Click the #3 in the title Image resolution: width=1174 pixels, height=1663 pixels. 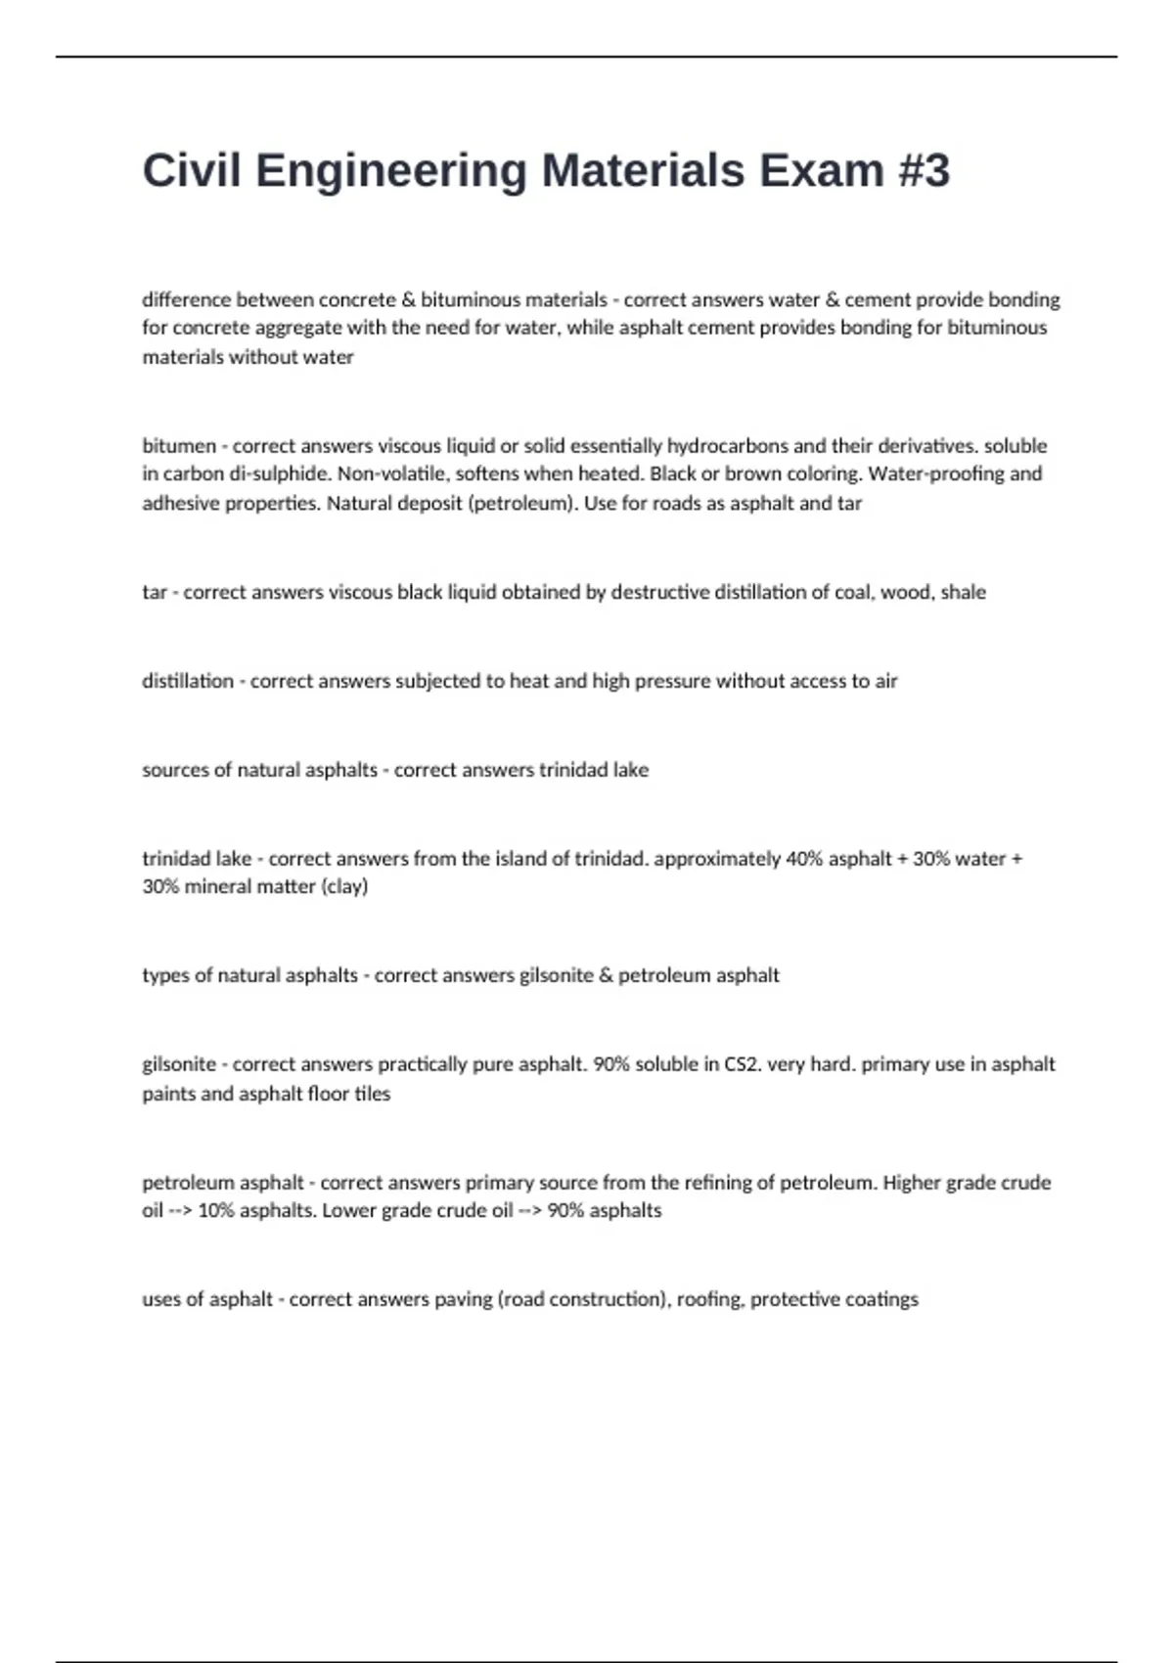(x=923, y=171)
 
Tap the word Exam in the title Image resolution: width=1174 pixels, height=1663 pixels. (x=822, y=171)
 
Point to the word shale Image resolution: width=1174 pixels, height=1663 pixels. (x=963, y=593)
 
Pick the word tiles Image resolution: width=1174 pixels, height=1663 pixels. (x=372, y=1094)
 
